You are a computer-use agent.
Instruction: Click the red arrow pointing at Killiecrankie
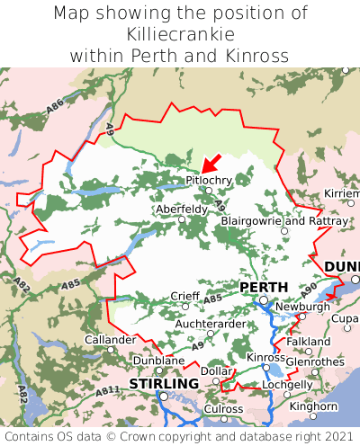tap(211, 163)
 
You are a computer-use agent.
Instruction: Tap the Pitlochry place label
tap(208, 180)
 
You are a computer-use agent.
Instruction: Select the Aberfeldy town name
tap(181, 208)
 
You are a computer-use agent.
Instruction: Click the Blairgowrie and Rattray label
tap(283, 220)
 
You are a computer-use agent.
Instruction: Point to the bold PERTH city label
tap(264, 287)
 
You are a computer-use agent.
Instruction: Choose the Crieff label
tap(185, 296)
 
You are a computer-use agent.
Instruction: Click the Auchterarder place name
tap(209, 323)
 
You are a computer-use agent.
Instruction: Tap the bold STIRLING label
tap(164, 384)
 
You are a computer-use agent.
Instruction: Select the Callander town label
tap(110, 340)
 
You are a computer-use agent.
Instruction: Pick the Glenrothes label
tap(315, 361)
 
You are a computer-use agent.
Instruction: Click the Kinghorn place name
tap(313, 406)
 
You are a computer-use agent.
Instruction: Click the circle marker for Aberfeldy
tap(181, 219)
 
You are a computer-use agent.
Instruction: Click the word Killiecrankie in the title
tap(180, 34)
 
